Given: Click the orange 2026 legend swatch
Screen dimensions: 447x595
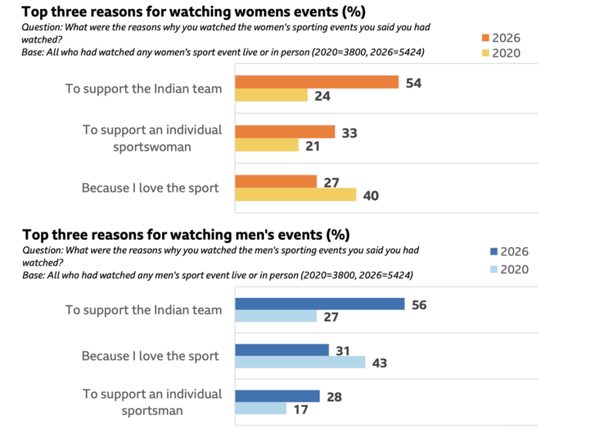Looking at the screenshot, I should (485, 38).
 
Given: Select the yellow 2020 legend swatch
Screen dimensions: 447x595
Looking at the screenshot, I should (485, 53).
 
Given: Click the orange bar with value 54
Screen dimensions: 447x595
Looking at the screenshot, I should (317, 82).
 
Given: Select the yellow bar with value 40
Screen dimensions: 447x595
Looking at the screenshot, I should (295, 195).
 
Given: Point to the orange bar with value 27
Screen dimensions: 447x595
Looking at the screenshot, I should (275, 181).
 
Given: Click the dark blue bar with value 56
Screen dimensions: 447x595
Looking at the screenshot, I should (320, 304).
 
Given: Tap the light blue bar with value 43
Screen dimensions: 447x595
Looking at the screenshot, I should (300, 362).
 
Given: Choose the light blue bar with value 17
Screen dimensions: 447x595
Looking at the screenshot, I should (261, 409).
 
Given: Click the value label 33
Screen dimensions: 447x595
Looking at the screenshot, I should (349, 133).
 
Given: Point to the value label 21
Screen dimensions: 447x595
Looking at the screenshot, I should (313, 146).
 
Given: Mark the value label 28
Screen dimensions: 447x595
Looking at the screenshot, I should (334, 398).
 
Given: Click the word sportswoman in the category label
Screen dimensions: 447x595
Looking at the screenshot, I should (152, 146).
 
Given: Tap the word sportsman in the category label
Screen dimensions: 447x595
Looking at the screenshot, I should (152, 411).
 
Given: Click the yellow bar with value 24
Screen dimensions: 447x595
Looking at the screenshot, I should (271, 95).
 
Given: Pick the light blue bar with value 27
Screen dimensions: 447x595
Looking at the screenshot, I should (275, 316).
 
